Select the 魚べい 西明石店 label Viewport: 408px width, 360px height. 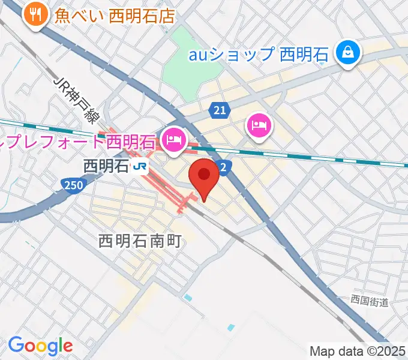click(x=114, y=15)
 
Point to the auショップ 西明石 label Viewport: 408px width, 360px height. click(x=259, y=55)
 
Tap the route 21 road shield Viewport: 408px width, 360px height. click(x=220, y=110)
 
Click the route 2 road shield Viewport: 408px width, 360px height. click(x=223, y=169)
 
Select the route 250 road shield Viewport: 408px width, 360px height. click(x=71, y=187)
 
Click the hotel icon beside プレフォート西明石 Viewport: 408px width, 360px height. click(x=173, y=141)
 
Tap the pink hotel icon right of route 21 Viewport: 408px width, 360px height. click(x=259, y=126)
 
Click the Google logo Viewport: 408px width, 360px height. click(x=40, y=346)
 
